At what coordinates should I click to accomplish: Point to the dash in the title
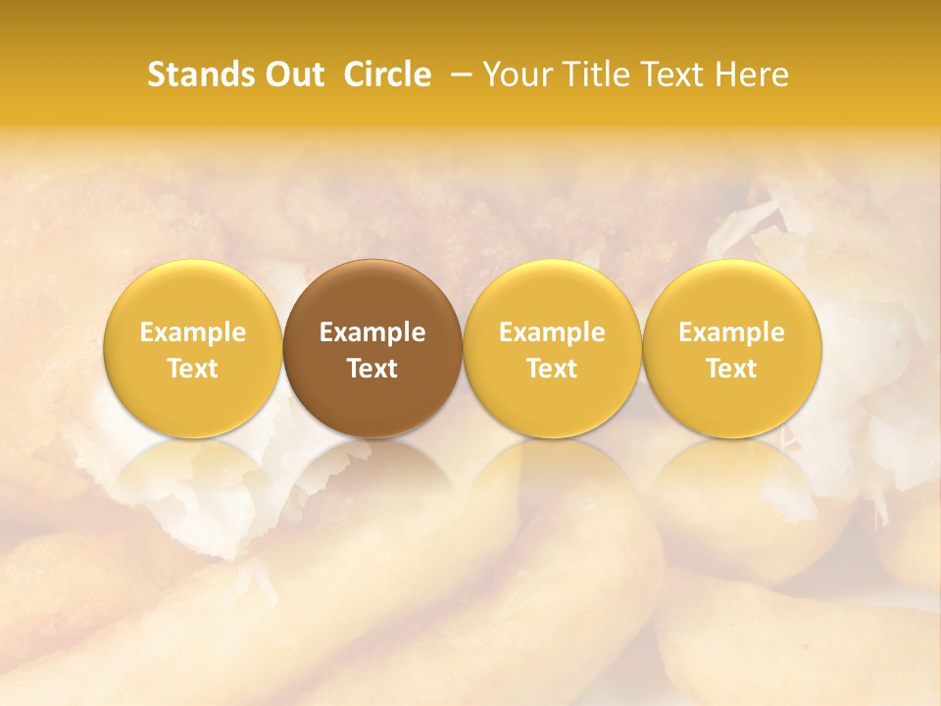coord(458,75)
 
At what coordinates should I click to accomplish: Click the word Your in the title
coord(514,75)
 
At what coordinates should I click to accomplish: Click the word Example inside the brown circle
coord(372,332)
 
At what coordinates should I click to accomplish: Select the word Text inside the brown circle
coord(372,369)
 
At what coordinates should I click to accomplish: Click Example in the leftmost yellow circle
coord(193,332)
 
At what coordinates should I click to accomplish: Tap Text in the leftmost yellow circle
coord(193,369)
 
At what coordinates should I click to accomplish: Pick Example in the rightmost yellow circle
coord(732,332)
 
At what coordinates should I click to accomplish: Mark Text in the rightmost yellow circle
coord(732,369)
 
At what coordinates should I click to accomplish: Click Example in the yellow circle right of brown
coord(552,332)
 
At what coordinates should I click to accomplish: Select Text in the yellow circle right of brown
coord(552,369)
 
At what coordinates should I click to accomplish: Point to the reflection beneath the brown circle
coord(372,480)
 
